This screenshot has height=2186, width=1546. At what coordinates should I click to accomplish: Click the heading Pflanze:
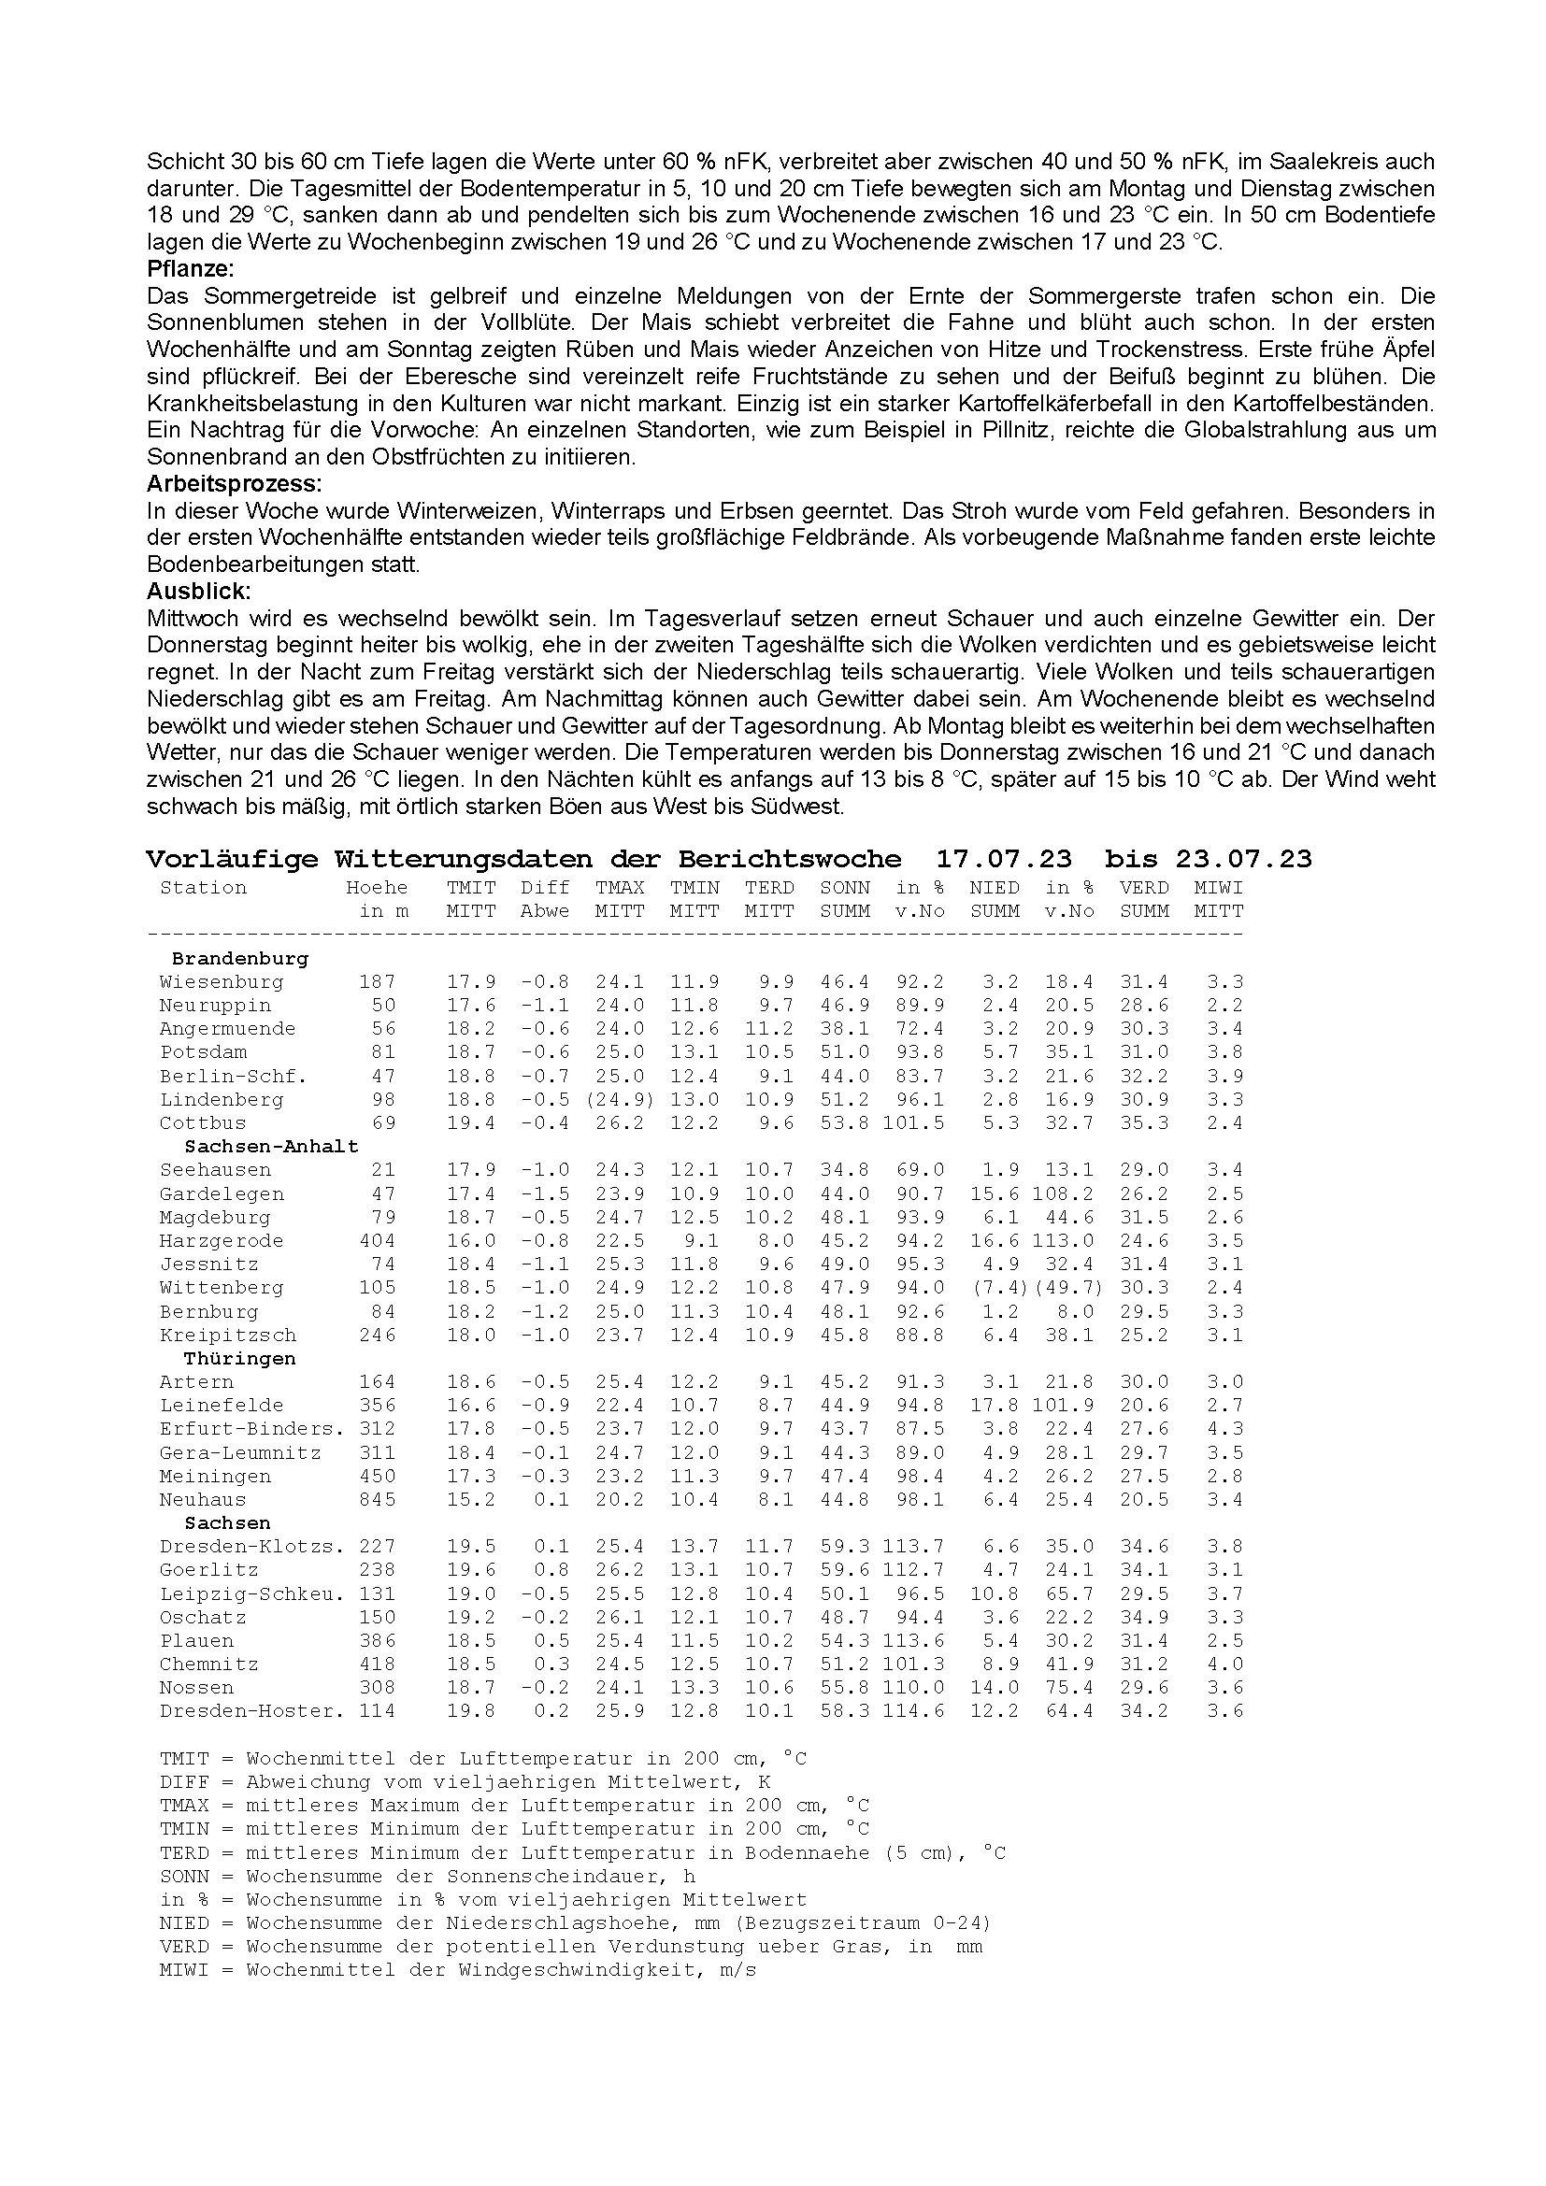tap(191, 268)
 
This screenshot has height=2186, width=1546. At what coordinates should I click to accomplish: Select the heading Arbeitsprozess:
tap(235, 484)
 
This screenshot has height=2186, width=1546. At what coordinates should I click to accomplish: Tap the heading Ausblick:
tap(198, 592)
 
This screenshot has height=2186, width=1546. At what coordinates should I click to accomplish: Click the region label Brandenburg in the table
tap(240, 959)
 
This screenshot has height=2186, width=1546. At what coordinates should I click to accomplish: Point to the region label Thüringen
tap(240, 1359)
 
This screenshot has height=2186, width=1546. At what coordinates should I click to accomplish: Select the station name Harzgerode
tap(222, 1240)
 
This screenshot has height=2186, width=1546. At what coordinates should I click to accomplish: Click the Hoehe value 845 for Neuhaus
tap(377, 1499)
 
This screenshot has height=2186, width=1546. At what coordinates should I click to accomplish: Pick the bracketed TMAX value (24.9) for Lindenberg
tap(620, 1100)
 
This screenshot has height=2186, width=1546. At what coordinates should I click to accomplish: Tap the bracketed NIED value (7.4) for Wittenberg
tap(994, 1288)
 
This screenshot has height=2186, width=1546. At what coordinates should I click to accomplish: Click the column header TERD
tap(769, 887)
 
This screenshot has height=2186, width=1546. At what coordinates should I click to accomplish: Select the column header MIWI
tap(1219, 887)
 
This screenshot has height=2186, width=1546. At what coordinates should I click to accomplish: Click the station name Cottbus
tap(203, 1123)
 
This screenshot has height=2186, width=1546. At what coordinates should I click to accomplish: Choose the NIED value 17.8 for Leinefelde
tap(994, 1406)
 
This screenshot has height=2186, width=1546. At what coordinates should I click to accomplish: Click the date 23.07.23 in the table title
tap(1243, 859)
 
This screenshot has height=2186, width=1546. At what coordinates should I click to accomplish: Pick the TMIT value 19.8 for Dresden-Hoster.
tap(471, 1711)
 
